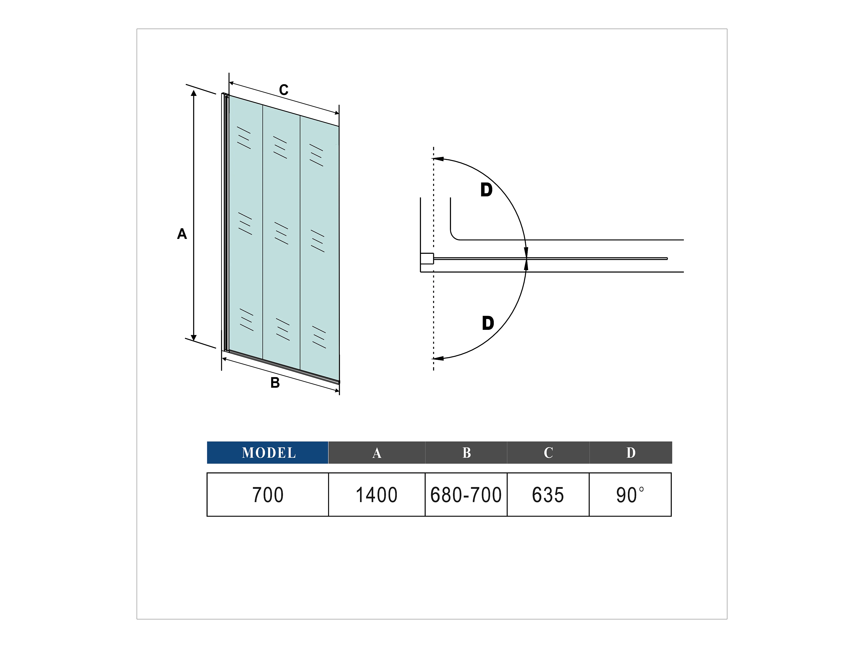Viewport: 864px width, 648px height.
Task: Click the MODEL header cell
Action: [x=268, y=453]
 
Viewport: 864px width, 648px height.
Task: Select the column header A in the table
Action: [x=376, y=453]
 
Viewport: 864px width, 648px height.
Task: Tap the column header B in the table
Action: [x=466, y=453]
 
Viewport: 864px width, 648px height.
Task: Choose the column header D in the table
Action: [x=631, y=453]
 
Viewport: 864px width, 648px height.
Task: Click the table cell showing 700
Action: [x=268, y=495]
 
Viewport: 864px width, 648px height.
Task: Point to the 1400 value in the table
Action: [x=376, y=495]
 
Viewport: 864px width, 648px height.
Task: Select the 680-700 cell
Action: [x=466, y=495]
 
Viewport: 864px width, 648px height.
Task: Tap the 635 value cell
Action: [x=548, y=495]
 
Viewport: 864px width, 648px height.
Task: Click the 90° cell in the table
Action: [x=630, y=495]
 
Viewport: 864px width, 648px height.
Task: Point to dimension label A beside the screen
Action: [x=182, y=234]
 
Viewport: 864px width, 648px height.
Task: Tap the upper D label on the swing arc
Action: [x=486, y=190]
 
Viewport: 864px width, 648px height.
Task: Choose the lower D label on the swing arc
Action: [x=488, y=323]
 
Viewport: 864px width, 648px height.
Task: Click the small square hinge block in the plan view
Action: [x=427, y=259]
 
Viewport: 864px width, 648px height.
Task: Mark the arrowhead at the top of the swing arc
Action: [x=438, y=159]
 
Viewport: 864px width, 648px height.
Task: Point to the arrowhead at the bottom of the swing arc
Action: [x=438, y=358]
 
